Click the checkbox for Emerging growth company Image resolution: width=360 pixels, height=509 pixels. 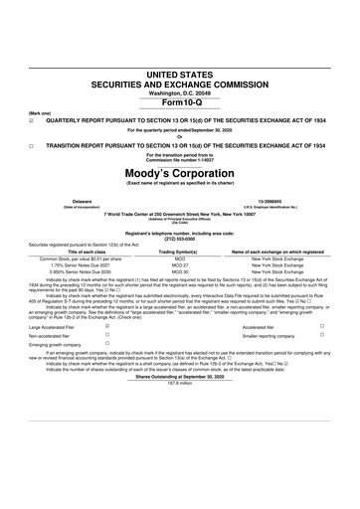[106, 344]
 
